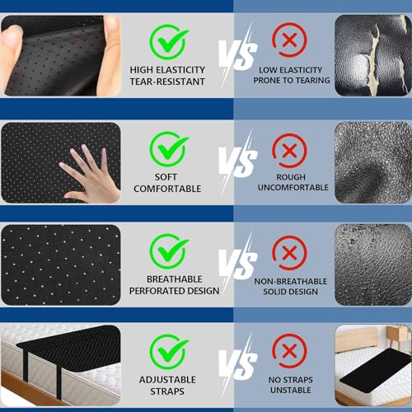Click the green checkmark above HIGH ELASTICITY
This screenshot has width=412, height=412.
168,41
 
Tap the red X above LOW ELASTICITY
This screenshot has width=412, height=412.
289,40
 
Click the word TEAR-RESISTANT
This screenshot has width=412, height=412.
167,82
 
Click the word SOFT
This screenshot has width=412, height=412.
166,177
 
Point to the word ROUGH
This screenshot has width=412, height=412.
291,177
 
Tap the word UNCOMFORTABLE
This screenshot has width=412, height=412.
293,188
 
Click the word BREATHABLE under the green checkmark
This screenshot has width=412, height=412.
174,279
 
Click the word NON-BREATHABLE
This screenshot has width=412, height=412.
290,282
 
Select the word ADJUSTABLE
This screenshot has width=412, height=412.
167,380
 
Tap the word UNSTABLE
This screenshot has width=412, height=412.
291,391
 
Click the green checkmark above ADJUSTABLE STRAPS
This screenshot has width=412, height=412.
168,352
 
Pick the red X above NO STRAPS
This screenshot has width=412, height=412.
289,351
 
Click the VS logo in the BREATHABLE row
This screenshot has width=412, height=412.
238,263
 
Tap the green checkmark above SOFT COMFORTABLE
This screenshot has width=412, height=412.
168,149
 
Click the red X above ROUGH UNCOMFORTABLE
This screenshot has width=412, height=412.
289,151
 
